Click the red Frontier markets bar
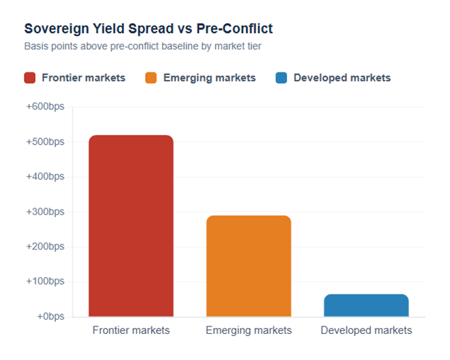pyautogui.click(x=131, y=226)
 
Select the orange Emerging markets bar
pyautogui.click(x=248, y=266)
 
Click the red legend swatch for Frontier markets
pyautogui.click(x=30, y=78)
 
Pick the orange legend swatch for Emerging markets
pyautogui.click(x=151, y=78)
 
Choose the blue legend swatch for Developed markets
pyautogui.click(x=282, y=78)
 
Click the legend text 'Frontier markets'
pyautogui.click(x=83, y=78)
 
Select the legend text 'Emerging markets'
pyautogui.click(x=209, y=78)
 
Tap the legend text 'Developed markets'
pyautogui.click(x=342, y=78)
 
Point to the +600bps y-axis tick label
pyautogui.click(x=45, y=107)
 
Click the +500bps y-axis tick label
pyautogui.click(x=45, y=142)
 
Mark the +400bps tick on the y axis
pyautogui.click(x=45, y=177)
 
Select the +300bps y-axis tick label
pyautogui.click(x=45, y=212)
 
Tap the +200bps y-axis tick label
pyautogui.click(x=45, y=246)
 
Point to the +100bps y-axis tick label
pyautogui.click(x=45, y=282)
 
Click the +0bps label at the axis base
pyautogui.click(x=49, y=317)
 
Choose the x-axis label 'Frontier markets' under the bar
pyautogui.click(x=131, y=330)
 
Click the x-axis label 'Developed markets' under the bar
pyautogui.click(x=366, y=330)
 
